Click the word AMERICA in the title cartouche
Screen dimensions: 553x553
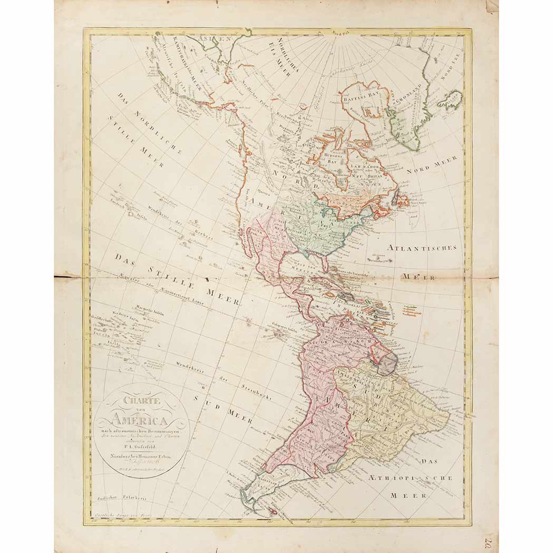pos(140,420)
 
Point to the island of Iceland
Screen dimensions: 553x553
pos(450,99)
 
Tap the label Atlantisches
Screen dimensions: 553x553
pos(422,247)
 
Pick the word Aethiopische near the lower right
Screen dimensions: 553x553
pos(420,478)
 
